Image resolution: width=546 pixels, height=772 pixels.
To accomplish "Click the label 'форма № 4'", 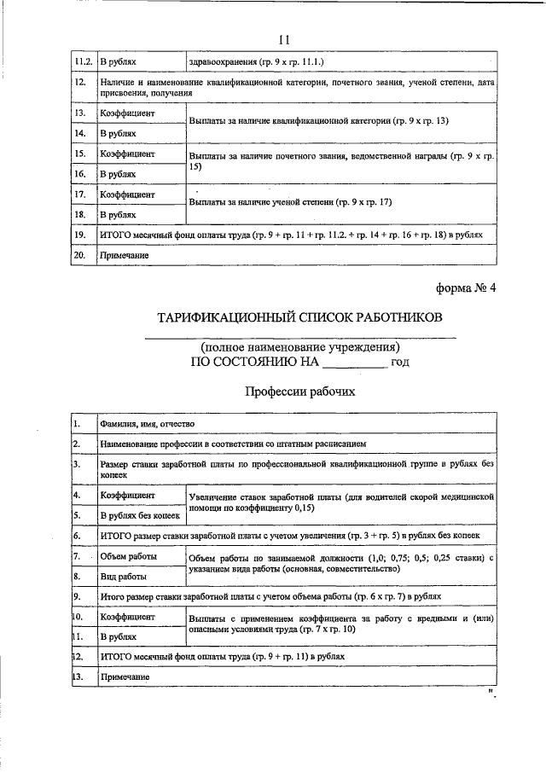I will coord(466,287).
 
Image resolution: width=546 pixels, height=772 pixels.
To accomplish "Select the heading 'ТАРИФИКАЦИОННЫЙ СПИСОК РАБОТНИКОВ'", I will coord(299,318).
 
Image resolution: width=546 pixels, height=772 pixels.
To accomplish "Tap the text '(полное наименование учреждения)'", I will coord(299,347).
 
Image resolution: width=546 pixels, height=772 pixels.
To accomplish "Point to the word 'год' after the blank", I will coord(401,362).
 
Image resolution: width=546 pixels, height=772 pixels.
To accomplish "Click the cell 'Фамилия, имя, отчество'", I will coord(147,424).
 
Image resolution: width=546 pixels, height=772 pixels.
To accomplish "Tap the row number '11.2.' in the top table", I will coord(83,62).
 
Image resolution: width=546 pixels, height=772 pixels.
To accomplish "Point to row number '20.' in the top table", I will coord(80,255).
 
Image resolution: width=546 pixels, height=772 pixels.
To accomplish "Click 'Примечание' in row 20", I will coord(125,255).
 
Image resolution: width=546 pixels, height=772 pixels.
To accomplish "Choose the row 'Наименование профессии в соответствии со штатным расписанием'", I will coord(232,444).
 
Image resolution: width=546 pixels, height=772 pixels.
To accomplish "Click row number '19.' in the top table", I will coord(80,234).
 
